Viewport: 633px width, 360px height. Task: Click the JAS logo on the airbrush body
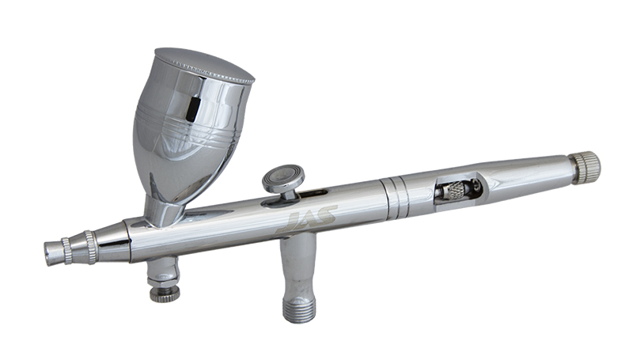coord(307,219)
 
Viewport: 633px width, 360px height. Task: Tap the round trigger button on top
coord(283,177)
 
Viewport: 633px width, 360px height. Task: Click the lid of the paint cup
coord(205,65)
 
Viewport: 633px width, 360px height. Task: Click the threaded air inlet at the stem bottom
coord(298,310)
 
